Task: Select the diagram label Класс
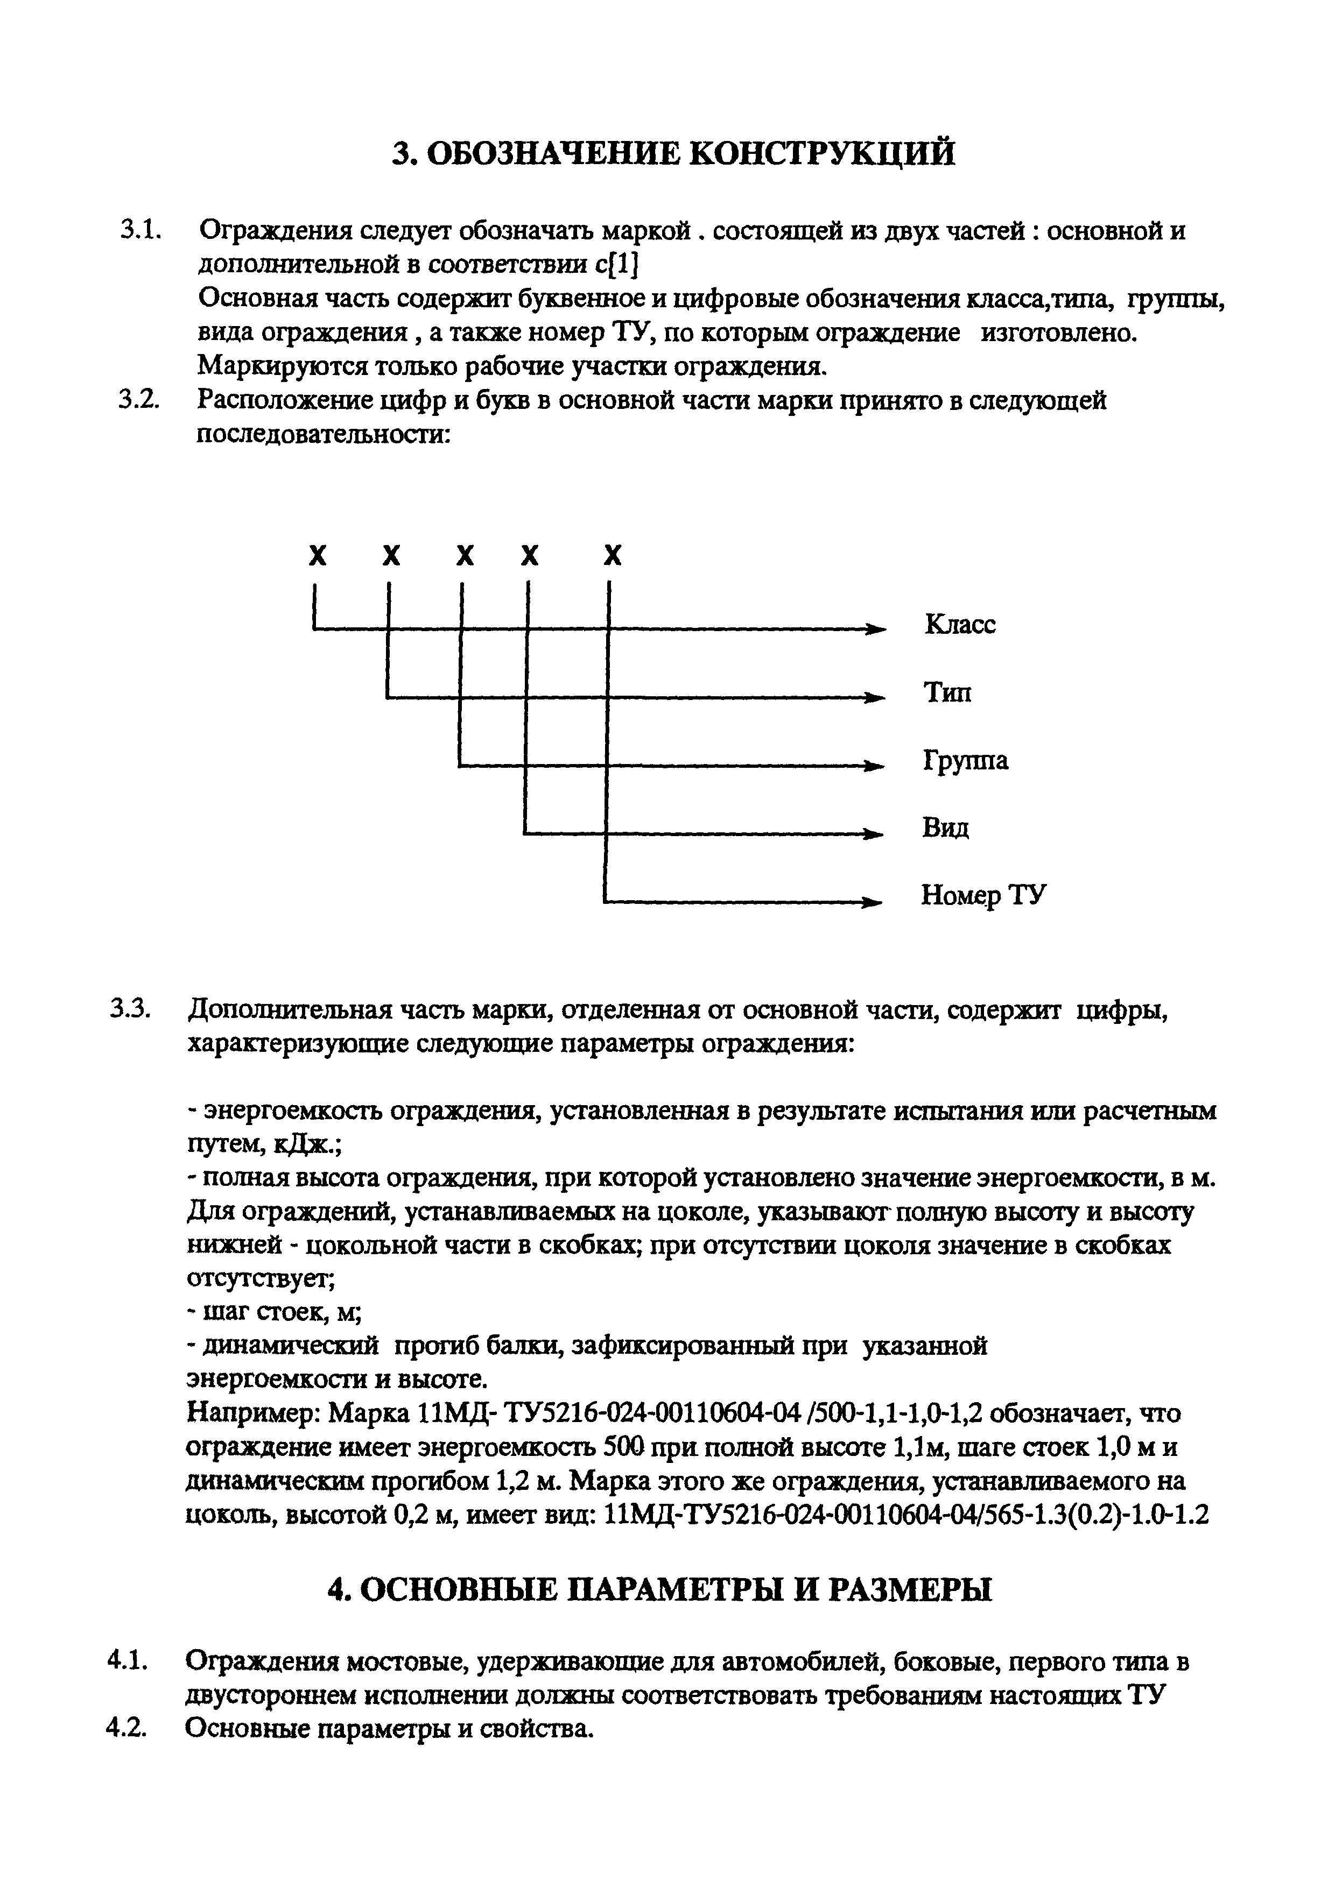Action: tap(960, 625)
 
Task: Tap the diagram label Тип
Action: tap(947, 692)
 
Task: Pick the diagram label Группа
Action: tap(965, 761)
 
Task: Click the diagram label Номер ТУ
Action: tap(983, 895)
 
